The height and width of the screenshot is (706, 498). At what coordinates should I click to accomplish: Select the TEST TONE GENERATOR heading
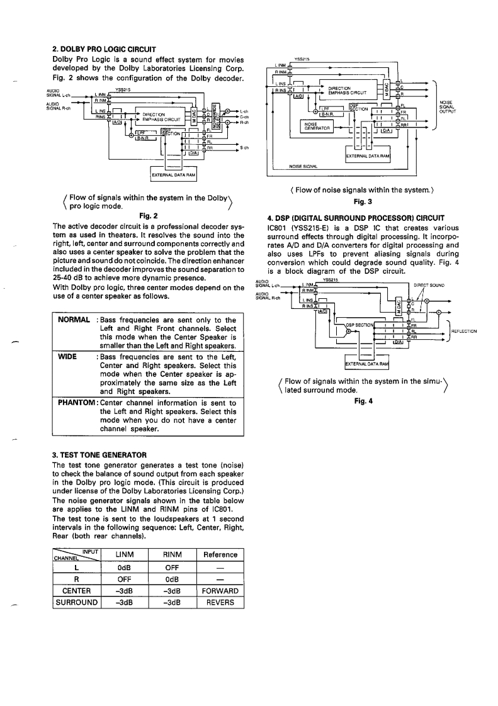pos(99,454)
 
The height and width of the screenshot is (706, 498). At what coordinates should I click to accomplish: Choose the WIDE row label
pos(67,357)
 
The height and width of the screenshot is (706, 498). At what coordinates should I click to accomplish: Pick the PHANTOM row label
pos(77,403)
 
